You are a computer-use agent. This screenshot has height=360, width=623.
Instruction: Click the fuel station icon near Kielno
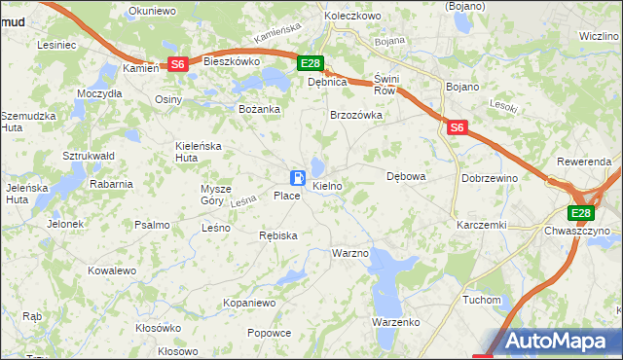(x=297, y=178)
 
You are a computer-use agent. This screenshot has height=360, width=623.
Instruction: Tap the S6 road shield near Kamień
(x=177, y=64)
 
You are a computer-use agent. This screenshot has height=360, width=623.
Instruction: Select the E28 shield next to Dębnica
(x=310, y=64)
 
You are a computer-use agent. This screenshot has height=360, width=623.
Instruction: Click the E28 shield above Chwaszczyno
(x=581, y=214)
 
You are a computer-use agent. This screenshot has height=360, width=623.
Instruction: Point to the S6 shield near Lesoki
(x=458, y=127)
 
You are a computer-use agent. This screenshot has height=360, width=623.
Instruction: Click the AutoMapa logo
(x=550, y=342)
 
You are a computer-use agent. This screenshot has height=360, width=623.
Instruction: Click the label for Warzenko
(x=395, y=321)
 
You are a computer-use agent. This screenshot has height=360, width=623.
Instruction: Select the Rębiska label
(x=278, y=235)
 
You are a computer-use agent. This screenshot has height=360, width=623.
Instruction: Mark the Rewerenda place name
(x=583, y=161)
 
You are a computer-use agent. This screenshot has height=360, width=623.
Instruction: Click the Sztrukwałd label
(x=89, y=156)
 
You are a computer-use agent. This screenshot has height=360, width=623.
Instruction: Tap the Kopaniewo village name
(x=250, y=304)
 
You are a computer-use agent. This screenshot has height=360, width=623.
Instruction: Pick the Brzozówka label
(x=356, y=115)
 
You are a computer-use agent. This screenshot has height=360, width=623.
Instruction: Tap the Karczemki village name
(x=481, y=225)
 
